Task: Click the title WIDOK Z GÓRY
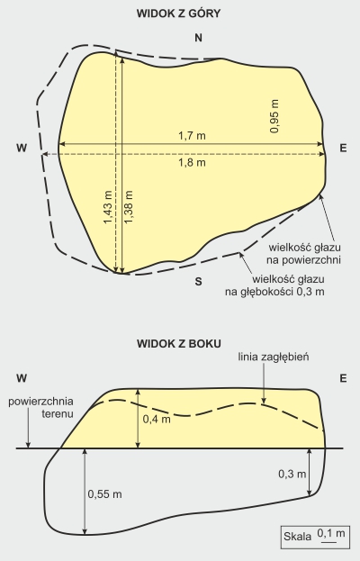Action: point(179,14)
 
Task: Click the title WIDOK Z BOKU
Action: point(179,344)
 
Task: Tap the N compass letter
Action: point(198,38)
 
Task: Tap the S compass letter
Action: point(198,282)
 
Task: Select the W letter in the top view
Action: point(22,148)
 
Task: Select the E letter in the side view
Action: point(343,378)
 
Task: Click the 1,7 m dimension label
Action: point(192,136)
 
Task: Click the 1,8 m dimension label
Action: point(192,162)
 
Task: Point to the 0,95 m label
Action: point(274,116)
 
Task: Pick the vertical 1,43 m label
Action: point(108,207)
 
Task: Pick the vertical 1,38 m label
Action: point(129,207)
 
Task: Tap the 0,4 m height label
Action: point(157,419)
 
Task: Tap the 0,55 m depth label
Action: point(104,494)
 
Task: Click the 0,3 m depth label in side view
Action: point(292,474)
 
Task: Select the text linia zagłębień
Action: point(274,357)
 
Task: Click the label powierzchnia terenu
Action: point(40,408)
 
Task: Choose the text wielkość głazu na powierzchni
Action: point(304,253)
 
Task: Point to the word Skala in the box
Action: point(297,537)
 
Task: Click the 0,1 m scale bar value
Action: point(331,533)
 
